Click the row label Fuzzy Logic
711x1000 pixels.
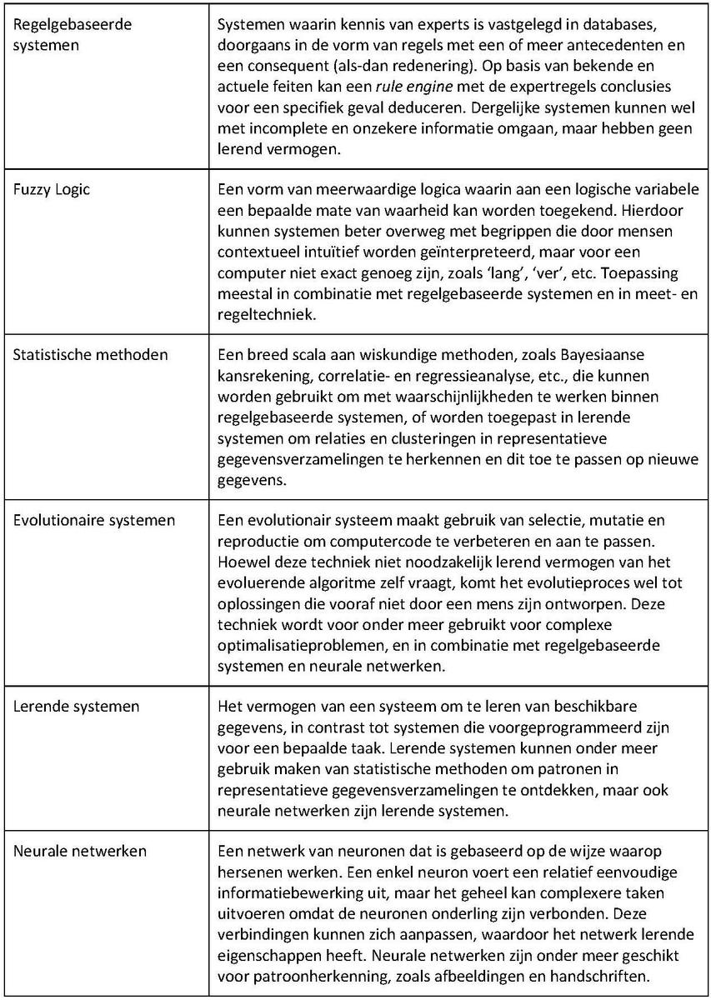point(52,190)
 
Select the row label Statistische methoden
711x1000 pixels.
point(91,355)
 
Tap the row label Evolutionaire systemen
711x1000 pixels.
point(94,521)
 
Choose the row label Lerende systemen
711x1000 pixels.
point(77,707)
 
